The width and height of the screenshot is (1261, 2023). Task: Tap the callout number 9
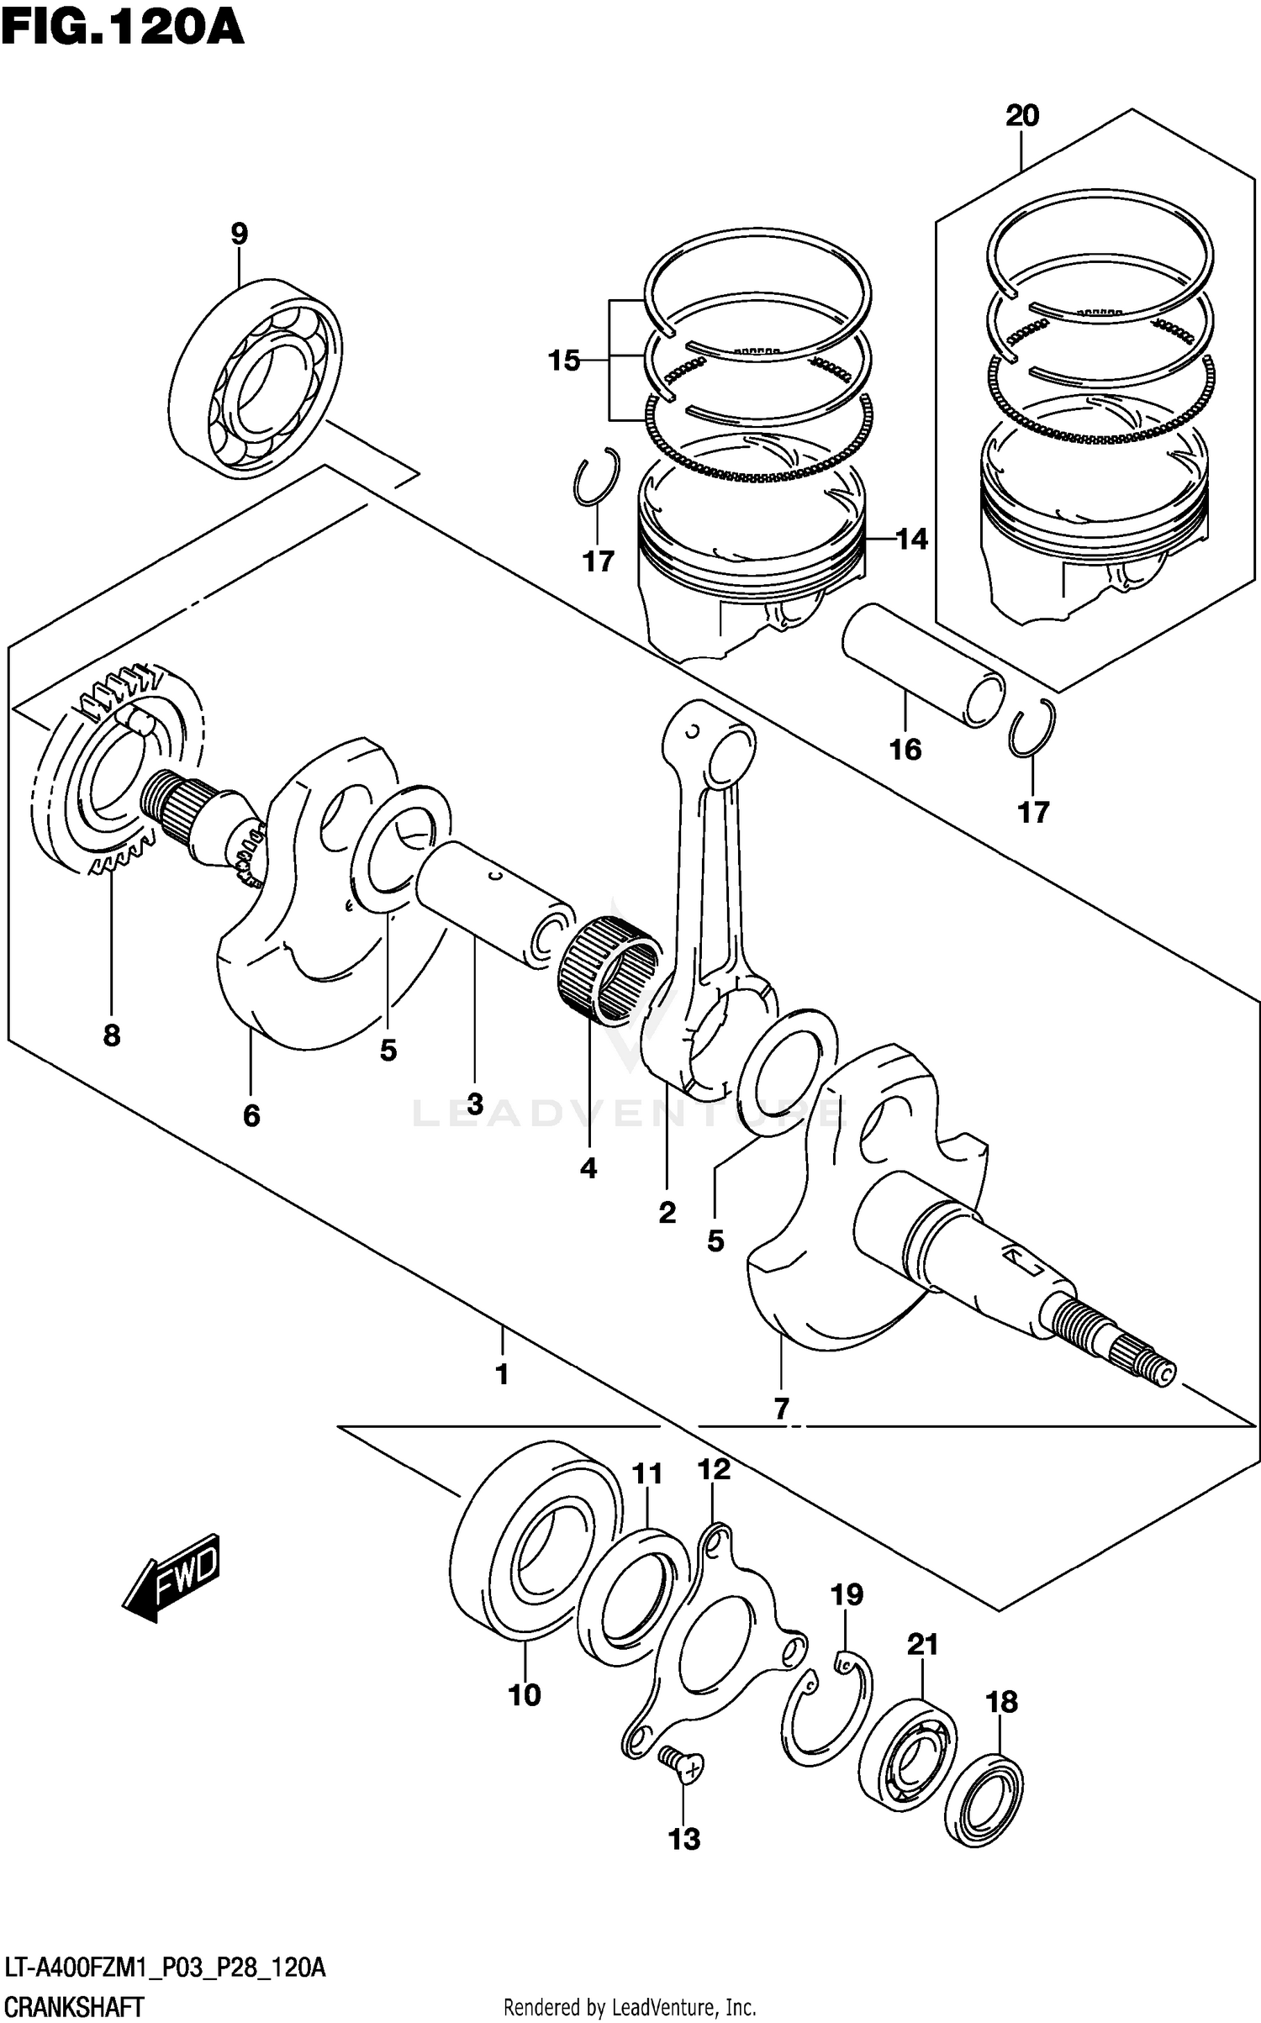click(240, 234)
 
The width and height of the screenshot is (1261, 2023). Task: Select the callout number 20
click(1022, 115)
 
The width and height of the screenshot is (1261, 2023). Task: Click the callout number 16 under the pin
click(905, 749)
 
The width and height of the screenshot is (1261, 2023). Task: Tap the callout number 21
click(922, 1643)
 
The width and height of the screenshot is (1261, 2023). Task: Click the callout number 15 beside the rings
click(564, 361)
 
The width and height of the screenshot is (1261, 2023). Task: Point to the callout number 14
click(911, 539)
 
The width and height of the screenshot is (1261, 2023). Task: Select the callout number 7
click(782, 1408)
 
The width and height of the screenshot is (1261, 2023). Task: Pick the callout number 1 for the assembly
click(502, 1374)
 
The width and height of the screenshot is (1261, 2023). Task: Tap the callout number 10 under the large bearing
click(525, 1694)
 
